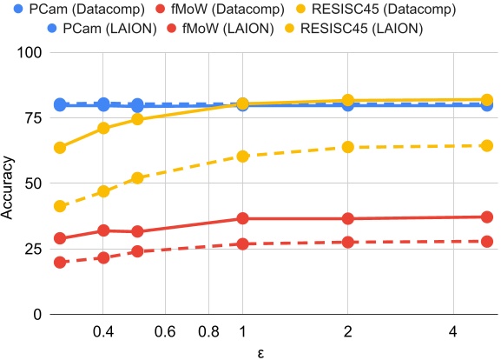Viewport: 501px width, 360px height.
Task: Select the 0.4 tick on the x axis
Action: tap(103, 331)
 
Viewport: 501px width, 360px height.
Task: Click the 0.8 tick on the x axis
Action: tap(208, 331)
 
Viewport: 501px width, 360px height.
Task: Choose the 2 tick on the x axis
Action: tap(348, 331)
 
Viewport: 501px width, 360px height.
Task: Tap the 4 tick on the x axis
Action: tap(452, 331)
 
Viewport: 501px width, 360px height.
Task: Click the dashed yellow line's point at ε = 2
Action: tap(348, 147)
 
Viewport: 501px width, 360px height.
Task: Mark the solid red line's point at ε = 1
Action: tap(243, 218)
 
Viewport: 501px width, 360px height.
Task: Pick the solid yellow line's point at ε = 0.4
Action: tap(103, 128)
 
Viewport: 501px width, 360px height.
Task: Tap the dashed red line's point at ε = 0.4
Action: tap(103, 257)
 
